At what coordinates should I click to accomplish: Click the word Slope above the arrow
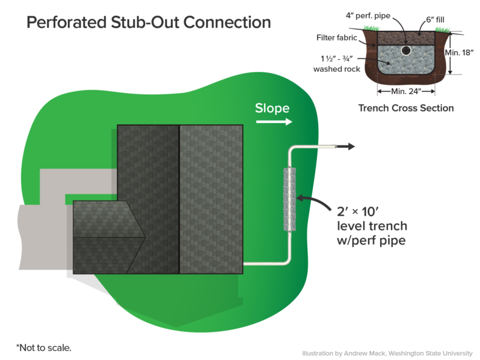tap(272, 108)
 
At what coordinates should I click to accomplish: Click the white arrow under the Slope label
tap(273, 122)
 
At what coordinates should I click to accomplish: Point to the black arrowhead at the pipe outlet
tap(349, 147)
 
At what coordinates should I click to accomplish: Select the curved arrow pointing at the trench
tap(312, 201)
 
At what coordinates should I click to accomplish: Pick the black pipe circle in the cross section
tap(405, 50)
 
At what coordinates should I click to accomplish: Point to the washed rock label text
tap(336, 64)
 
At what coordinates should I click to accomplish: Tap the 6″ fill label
tap(436, 20)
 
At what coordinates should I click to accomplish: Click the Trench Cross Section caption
tap(405, 108)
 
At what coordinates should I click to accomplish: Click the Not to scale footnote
tap(43, 348)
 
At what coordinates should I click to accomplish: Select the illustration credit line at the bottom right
tap(387, 352)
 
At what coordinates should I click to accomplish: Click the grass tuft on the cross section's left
tap(368, 27)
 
